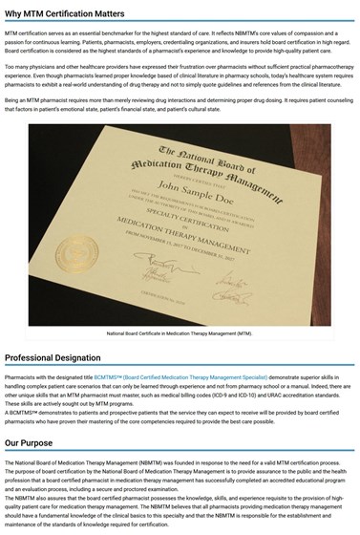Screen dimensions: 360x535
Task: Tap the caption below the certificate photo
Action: pos(180,333)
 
